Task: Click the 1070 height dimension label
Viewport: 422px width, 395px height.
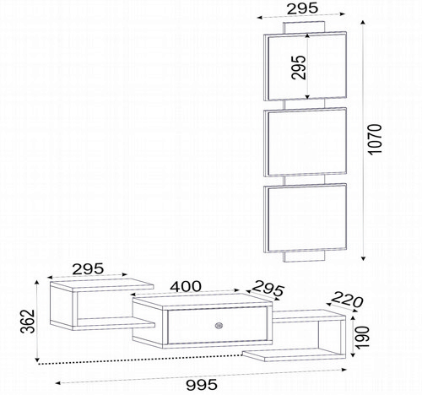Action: click(376, 139)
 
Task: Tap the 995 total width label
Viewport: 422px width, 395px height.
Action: click(202, 385)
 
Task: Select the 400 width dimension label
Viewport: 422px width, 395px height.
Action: click(186, 286)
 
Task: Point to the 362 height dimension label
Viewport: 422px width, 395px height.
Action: click(28, 322)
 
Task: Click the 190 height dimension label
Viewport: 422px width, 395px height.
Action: click(362, 338)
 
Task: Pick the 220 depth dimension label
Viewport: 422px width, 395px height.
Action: click(347, 300)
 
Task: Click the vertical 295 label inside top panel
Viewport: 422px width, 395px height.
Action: click(299, 68)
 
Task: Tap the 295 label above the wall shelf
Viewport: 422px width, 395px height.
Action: click(302, 8)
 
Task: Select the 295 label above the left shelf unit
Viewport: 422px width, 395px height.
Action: click(88, 269)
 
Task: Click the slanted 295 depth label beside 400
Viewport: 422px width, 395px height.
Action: click(268, 288)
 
